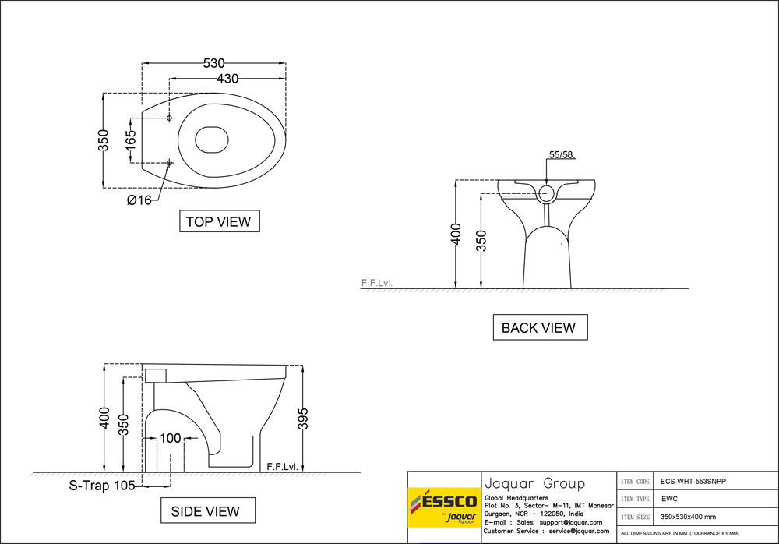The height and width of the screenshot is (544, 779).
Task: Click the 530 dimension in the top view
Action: coord(213,63)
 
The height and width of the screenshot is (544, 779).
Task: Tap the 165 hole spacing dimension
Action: coord(131,140)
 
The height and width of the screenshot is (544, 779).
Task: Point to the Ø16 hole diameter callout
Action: coord(139,200)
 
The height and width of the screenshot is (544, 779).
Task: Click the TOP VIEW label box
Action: coord(219,221)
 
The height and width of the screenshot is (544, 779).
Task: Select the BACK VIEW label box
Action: coord(539,327)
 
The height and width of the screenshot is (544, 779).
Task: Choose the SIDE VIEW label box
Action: coord(206,511)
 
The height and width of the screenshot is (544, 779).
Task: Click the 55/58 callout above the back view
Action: coord(562,155)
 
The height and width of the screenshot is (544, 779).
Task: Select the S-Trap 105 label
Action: coord(102,485)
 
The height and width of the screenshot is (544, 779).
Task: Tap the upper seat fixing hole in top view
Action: coord(170,118)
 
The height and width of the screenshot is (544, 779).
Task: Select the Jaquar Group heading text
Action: coord(534,483)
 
